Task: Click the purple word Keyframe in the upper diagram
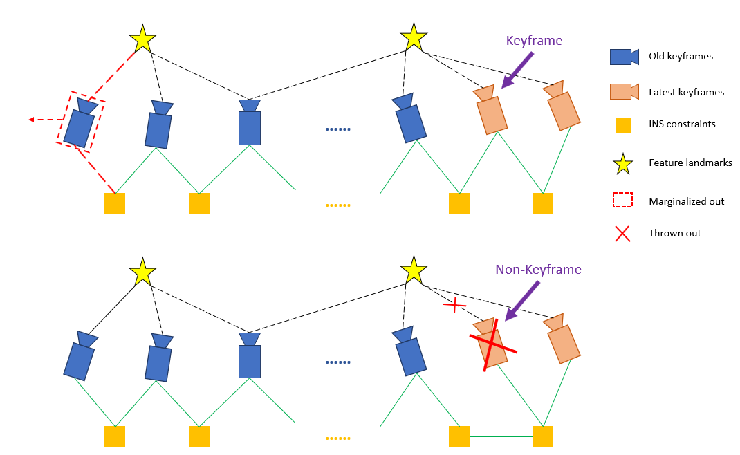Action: click(534, 41)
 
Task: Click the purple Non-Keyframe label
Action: click(538, 270)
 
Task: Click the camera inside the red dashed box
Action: click(80, 125)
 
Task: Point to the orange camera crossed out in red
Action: click(492, 342)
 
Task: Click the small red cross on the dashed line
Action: click(454, 304)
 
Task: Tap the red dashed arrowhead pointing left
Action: click(32, 120)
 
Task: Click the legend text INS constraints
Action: click(682, 124)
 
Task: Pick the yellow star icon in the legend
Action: click(622, 164)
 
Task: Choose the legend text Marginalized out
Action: click(686, 201)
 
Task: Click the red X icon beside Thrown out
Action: click(622, 234)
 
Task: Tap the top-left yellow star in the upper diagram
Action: click(142, 39)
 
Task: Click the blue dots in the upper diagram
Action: click(338, 129)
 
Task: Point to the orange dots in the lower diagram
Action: click(338, 437)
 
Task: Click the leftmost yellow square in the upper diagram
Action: click(115, 203)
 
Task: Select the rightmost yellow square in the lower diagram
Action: click(543, 436)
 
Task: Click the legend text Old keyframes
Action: click(681, 57)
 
